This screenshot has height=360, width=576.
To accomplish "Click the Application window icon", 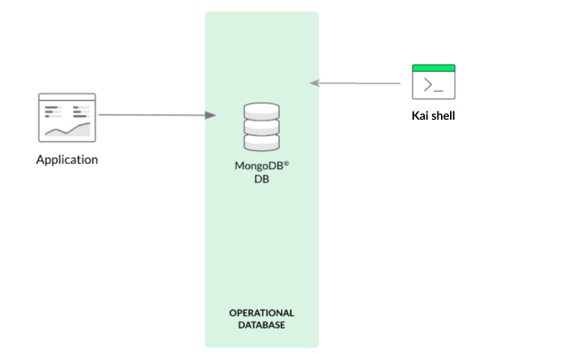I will click(67, 117).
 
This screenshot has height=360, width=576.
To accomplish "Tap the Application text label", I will click(67, 160).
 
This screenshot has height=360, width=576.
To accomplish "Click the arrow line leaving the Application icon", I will click(153, 115).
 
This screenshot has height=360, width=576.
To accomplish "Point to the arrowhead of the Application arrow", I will click(211, 115).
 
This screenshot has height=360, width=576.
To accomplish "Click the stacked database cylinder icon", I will click(262, 127).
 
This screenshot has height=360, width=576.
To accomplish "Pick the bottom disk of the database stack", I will click(262, 142).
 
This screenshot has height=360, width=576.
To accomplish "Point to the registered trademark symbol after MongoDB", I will click(286, 164).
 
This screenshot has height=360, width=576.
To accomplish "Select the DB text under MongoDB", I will click(262, 179).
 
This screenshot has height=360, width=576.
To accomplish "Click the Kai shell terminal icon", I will click(433, 82).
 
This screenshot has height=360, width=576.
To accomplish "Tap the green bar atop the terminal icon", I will click(433, 67).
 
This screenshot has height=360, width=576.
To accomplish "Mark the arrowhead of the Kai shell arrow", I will click(315, 83).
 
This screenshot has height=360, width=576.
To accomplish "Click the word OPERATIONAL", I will click(262, 312).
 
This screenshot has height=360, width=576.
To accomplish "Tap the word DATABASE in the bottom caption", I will click(262, 325).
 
